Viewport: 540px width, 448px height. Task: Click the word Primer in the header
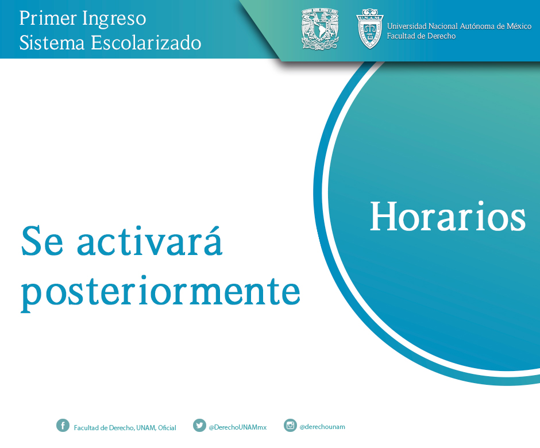pyautogui.click(x=48, y=18)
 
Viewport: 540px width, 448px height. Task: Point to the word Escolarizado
pyautogui.click(x=146, y=43)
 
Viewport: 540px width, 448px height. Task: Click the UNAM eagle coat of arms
pyautogui.click(x=320, y=29)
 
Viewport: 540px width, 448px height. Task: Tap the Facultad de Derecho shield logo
pyautogui.click(x=369, y=29)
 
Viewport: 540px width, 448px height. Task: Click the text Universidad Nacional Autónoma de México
pyautogui.click(x=459, y=26)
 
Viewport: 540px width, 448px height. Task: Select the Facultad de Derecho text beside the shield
pyautogui.click(x=421, y=36)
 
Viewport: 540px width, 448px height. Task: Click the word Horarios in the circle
pyautogui.click(x=448, y=217)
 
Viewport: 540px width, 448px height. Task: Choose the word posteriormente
pyautogui.click(x=160, y=293)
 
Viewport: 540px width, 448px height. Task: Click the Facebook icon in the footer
pyautogui.click(x=63, y=426)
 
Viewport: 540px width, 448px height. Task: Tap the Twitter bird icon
pyautogui.click(x=199, y=426)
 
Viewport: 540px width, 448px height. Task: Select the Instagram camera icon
pyautogui.click(x=290, y=426)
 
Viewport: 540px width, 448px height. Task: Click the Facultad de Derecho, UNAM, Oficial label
pyautogui.click(x=125, y=428)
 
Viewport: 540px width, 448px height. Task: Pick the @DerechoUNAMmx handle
pyautogui.click(x=238, y=427)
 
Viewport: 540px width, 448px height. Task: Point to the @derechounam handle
pyautogui.click(x=322, y=427)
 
